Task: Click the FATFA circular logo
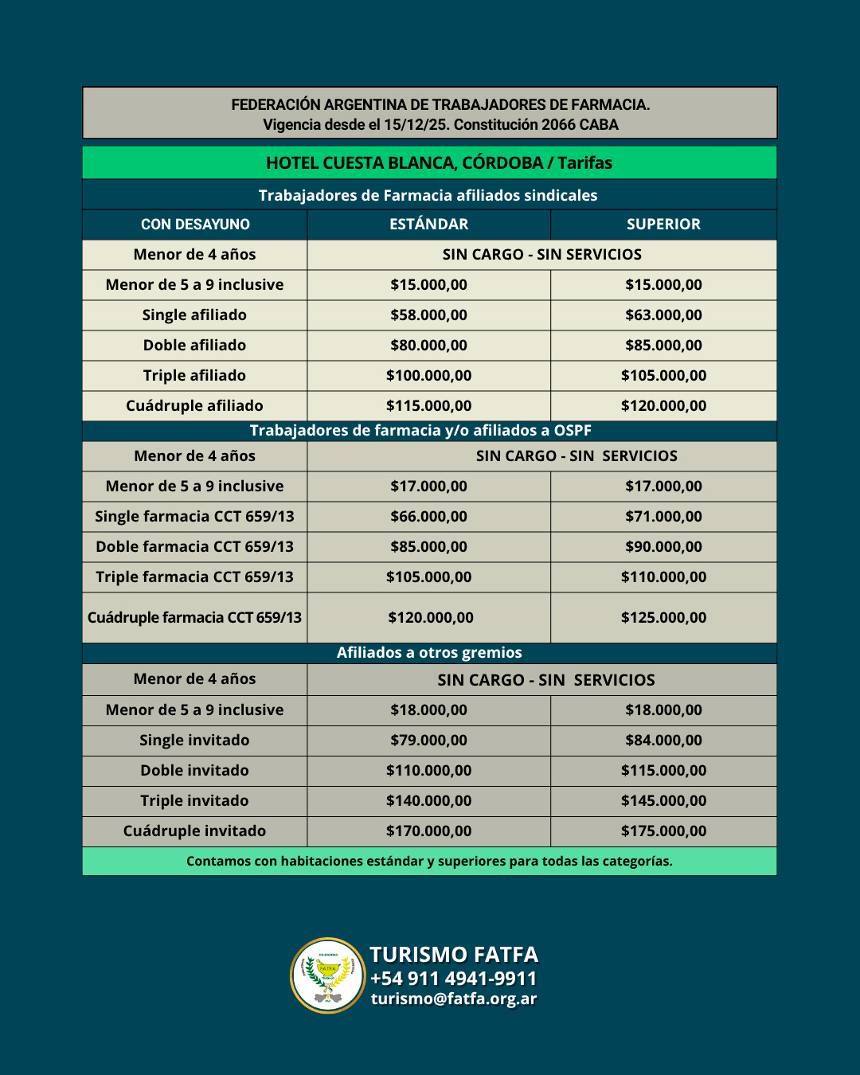coord(328,975)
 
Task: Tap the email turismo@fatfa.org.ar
coord(454,999)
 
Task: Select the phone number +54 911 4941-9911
coord(454,978)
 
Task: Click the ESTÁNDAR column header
coord(428,225)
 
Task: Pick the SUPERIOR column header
coord(663,225)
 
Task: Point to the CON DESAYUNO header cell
coord(195,225)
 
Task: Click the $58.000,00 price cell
coord(428,315)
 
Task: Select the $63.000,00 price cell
coord(663,315)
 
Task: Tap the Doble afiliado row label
coord(194,346)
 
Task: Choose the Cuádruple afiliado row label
coord(194,406)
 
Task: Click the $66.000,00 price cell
coord(428,517)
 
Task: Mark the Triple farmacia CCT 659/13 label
coord(194,577)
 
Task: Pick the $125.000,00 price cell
coord(663,618)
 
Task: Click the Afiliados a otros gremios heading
coord(429,653)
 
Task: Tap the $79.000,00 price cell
coord(428,741)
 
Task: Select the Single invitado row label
coord(194,741)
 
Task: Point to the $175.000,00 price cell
coord(663,831)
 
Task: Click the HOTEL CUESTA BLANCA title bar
coord(439,163)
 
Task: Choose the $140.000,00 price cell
coord(428,801)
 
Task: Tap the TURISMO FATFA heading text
coord(454,954)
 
